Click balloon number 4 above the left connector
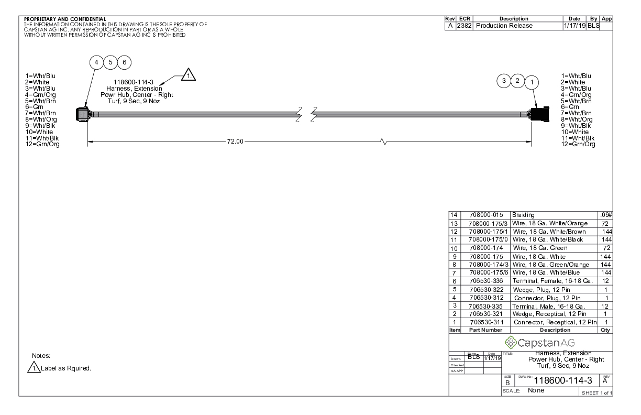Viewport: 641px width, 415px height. [x=96, y=62]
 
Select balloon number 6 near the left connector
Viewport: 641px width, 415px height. [x=125, y=62]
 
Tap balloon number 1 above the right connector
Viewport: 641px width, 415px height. [x=532, y=82]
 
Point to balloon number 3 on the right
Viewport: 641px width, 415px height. [x=504, y=81]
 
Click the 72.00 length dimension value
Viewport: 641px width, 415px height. [x=235, y=141]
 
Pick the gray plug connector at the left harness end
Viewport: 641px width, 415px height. [x=82, y=115]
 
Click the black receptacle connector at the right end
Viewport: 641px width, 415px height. [x=540, y=114]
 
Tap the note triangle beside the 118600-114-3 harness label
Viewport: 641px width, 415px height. [x=189, y=75]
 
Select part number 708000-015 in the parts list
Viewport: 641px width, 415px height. [x=486, y=215]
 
